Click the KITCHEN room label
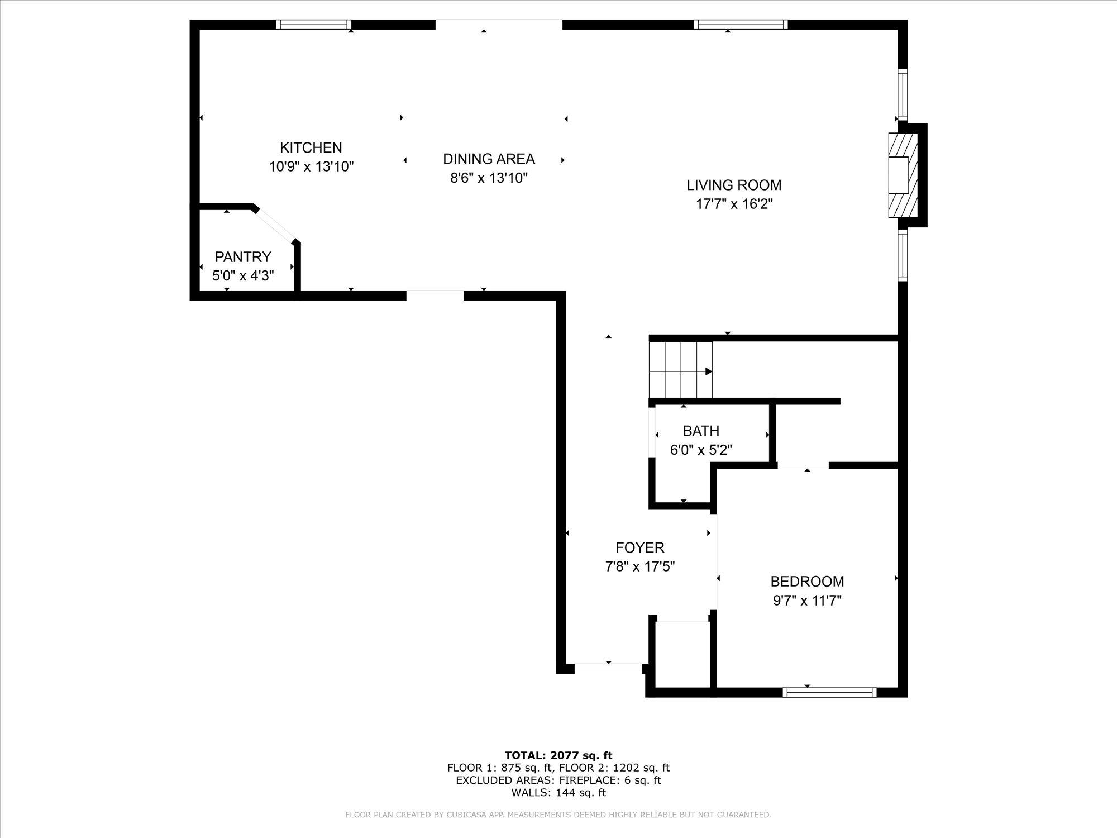point(311,147)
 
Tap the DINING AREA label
point(489,159)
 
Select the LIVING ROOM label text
point(734,185)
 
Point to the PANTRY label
point(243,256)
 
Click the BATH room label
point(701,431)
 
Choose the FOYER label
point(640,547)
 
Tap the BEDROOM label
point(807,582)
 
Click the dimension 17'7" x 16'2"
point(734,204)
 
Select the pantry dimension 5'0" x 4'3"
point(243,275)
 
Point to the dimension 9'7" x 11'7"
point(807,601)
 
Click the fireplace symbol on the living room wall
point(903,175)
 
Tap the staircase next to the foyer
point(681,370)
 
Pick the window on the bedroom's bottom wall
point(829,692)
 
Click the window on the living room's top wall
point(741,25)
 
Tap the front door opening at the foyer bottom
point(608,668)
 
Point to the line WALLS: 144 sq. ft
point(558,792)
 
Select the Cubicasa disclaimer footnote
point(558,815)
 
